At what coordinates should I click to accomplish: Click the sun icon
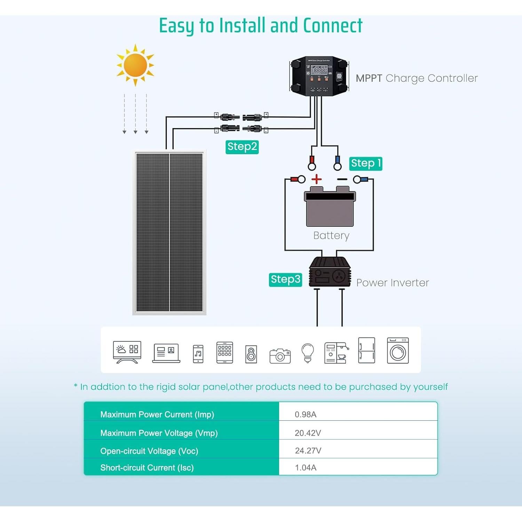[135, 65]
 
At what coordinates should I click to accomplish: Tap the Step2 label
[242, 147]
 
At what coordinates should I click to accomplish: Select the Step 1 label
[365, 163]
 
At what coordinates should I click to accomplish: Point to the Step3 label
[285, 279]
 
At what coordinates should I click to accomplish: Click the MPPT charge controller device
[319, 76]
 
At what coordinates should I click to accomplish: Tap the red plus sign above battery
[316, 179]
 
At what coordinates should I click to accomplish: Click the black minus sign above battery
[342, 179]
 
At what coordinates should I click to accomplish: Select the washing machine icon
[398, 351]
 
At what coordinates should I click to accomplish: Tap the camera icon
[280, 356]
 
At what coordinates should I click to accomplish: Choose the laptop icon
[166, 353]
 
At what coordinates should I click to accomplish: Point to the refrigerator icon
[366, 350]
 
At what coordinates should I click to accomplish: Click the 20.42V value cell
[308, 433]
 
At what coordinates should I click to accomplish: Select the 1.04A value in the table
[306, 467]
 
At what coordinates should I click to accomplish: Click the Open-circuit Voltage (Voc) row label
[149, 451]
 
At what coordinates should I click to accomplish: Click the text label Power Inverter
[392, 283]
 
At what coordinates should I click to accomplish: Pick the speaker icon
[251, 354]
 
